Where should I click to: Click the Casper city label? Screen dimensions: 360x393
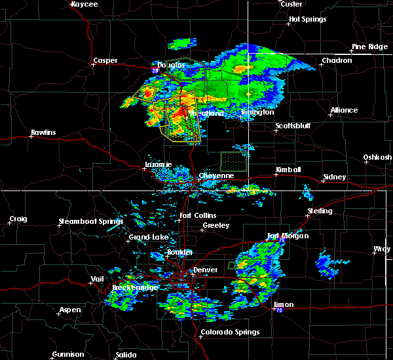tap(105, 61)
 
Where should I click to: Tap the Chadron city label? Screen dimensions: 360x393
tap(337, 61)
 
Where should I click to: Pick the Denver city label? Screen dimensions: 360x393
tap(205, 270)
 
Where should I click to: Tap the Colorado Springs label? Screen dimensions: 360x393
tap(231, 332)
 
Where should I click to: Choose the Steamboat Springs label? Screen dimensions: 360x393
tap(90, 221)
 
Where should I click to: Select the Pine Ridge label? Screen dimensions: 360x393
tap(367, 46)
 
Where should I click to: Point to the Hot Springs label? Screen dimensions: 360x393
tap(307, 20)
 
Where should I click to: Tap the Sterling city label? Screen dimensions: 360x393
tap(320, 211)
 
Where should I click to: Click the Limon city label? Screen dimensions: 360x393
tap(283, 305)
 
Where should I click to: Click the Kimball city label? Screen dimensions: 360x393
tap(288, 170)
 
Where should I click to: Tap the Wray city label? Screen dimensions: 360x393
tap(381, 249)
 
